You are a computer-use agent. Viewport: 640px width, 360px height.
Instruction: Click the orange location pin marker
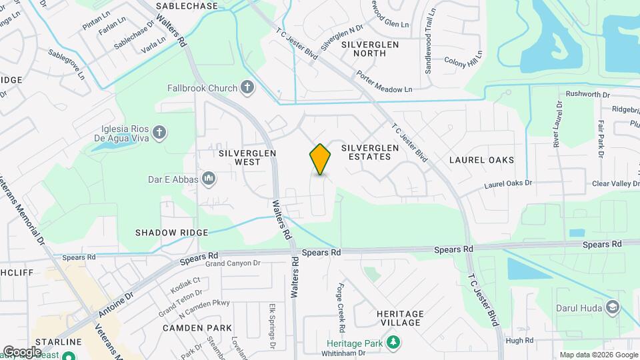(320, 159)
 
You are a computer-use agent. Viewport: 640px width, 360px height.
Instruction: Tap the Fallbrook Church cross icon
(247, 87)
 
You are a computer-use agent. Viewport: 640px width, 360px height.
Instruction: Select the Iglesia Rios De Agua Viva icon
(159, 133)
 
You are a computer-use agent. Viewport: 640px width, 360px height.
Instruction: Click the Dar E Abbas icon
(208, 178)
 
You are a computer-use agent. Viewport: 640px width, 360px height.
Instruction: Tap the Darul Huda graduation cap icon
(612, 307)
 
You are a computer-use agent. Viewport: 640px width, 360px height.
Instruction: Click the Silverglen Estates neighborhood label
(365, 152)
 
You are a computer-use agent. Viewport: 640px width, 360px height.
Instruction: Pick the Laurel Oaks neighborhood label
(481, 160)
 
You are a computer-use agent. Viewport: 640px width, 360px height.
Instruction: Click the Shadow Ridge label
(172, 233)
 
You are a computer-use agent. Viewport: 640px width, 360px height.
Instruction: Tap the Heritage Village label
(399, 318)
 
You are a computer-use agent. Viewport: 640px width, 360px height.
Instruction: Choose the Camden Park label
(197, 328)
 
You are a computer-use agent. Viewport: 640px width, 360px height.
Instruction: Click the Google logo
(22, 351)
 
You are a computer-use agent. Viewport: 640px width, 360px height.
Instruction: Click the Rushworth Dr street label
(587, 94)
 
